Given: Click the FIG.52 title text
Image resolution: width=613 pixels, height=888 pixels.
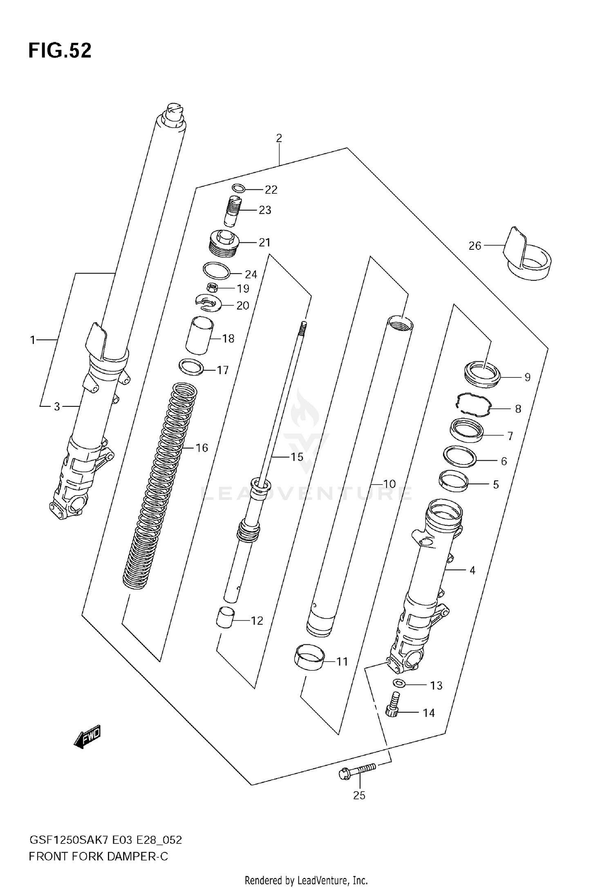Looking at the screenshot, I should point(60,51).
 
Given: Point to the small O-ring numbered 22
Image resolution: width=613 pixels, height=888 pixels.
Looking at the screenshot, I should point(238,188).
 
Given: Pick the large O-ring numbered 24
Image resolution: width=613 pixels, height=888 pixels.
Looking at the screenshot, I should point(216,271).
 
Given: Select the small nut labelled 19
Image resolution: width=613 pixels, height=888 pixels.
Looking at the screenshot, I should point(212,288).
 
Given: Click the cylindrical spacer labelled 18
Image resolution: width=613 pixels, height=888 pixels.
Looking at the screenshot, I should point(199,336).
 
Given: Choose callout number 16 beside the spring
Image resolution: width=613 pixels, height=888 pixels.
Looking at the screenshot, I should point(202,448).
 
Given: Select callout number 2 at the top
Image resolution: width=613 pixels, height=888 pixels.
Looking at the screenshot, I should point(279,138).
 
